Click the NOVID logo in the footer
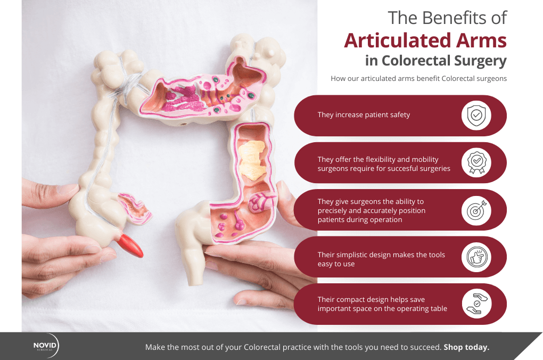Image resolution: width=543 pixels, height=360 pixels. click(x=46, y=346)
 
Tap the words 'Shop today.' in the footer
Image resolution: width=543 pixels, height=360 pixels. click(x=466, y=347)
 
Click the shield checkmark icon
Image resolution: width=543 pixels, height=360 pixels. click(x=476, y=116)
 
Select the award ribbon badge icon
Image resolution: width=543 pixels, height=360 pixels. click(x=476, y=162)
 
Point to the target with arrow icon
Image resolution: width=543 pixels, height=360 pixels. click(x=476, y=210)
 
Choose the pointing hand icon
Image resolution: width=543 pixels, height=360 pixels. click(x=476, y=257)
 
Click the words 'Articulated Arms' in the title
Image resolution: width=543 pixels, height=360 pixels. click(x=425, y=40)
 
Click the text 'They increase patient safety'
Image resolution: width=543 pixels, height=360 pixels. click(x=364, y=114)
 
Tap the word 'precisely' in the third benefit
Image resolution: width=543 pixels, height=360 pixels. click(x=332, y=211)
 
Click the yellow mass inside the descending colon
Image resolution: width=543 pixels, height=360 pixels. click(x=252, y=159)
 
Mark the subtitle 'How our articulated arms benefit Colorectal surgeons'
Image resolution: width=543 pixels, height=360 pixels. click(x=418, y=78)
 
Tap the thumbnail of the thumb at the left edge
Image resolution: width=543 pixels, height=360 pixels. click(x=66, y=189)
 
